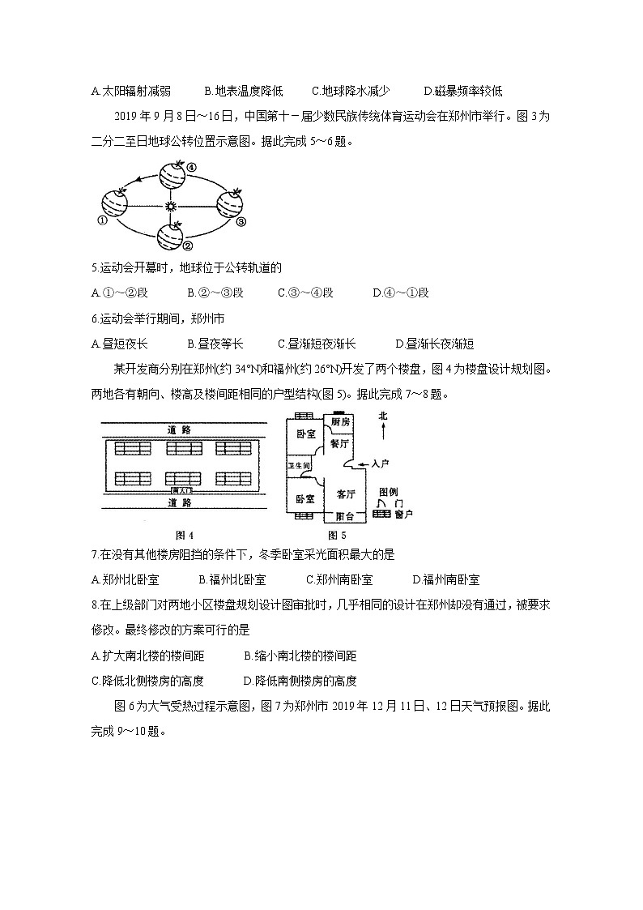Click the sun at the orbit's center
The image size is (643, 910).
point(170,207)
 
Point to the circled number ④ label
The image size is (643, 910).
point(191,168)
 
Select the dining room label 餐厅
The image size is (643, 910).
point(339,444)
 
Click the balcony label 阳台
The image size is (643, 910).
point(344,515)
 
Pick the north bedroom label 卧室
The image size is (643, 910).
point(304,434)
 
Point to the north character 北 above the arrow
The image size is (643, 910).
point(383,417)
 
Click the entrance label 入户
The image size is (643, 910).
point(380,464)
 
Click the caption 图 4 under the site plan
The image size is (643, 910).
point(185,535)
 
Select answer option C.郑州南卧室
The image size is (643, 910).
point(339,579)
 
